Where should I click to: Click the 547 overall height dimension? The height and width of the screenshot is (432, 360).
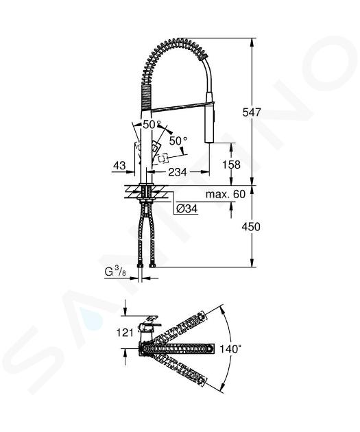[x=251, y=112]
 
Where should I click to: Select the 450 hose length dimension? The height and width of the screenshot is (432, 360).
[x=251, y=227]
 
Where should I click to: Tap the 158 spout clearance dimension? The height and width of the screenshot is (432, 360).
[x=231, y=165]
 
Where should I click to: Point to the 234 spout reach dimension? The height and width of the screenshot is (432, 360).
[x=178, y=172]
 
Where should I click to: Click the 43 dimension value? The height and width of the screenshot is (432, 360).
[x=119, y=165]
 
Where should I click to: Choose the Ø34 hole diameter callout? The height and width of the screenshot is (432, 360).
[x=187, y=209]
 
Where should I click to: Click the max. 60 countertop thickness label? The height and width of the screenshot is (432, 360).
[x=226, y=194]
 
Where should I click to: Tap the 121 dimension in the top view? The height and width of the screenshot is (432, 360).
[x=125, y=333]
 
